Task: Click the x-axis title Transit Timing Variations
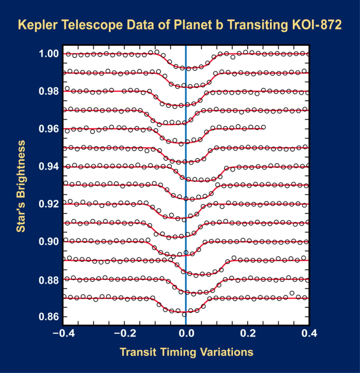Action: [186, 352]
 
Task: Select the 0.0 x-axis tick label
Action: [186, 333]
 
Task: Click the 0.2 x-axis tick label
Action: [248, 333]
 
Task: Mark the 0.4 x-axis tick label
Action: [309, 333]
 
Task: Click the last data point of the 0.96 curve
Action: [263, 127]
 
